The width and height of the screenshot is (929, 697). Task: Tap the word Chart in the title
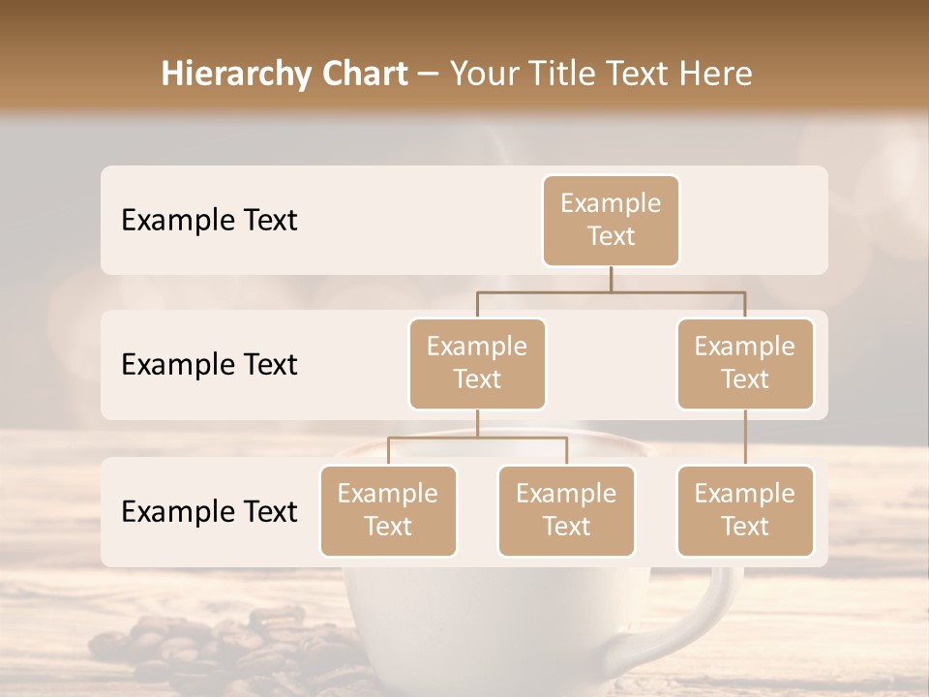coord(365,75)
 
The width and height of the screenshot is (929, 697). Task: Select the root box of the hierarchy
coord(611,220)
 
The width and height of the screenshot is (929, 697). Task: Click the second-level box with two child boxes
coord(477,363)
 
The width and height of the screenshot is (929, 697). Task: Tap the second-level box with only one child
coord(745,363)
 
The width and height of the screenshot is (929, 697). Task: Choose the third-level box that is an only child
coord(745,510)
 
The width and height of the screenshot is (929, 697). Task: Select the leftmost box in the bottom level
coord(388,510)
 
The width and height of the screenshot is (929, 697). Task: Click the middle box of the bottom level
coord(566,510)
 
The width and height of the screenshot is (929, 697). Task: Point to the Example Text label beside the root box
coord(209,221)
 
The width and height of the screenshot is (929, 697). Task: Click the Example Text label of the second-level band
coord(209,365)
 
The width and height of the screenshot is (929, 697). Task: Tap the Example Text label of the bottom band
coord(209,511)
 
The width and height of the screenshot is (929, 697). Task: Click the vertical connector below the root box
coord(611,279)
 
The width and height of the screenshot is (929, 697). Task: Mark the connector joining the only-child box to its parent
coord(745,438)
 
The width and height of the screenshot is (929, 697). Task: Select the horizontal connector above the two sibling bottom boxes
coord(477,438)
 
